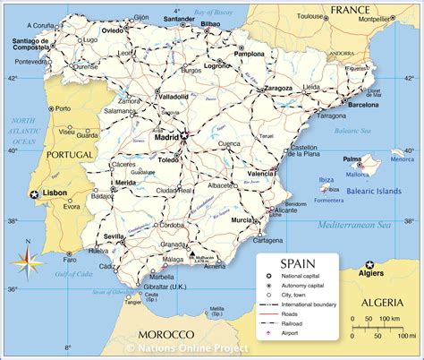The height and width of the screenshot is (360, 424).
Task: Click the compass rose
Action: (x=26, y=261)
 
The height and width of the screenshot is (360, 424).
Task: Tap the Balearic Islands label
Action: (x=375, y=190)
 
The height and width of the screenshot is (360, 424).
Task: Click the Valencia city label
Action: (x=260, y=173)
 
